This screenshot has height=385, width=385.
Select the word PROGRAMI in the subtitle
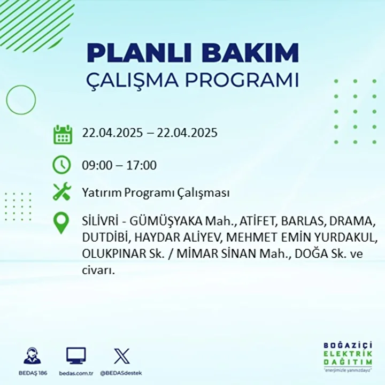tap(242, 80)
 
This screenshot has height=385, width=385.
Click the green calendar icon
tap(63, 135)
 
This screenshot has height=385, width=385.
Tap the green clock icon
tap(61, 165)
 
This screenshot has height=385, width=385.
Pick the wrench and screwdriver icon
tap(62, 191)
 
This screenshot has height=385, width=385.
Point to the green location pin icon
tap(61, 223)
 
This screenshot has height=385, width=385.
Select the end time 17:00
tap(141, 165)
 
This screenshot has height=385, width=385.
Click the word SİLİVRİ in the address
tap(100, 221)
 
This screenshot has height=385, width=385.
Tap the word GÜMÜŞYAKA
tap(165, 221)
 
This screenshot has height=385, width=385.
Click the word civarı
tap(98, 271)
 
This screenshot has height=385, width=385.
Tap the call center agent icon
tap(33, 355)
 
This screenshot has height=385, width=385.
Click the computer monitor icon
tap(76, 356)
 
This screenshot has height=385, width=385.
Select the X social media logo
tap(122, 356)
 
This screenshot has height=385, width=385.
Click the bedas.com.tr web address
tap(76, 373)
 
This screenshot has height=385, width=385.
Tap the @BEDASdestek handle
tap(121, 373)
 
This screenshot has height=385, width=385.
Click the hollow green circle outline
tap(6, 100)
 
